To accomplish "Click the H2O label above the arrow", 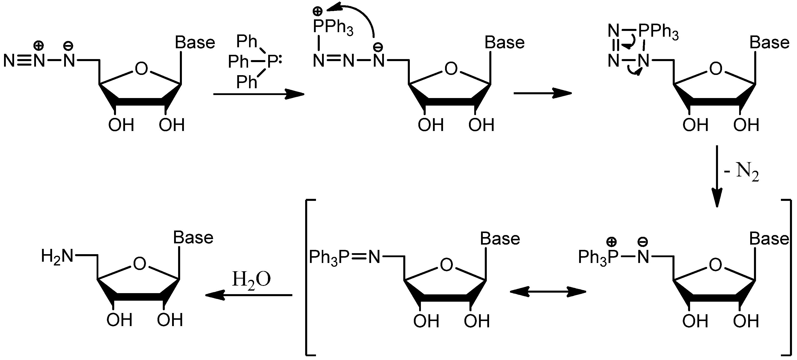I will tap(251, 280).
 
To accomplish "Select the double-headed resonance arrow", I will tap(548, 292).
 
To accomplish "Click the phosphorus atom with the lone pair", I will tap(272, 62).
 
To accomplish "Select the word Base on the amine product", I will tap(193, 238).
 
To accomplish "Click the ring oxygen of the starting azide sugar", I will tap(141, 69).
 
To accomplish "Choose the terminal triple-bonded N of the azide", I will tap(9, 61).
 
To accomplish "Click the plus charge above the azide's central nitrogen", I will tap(39, 46).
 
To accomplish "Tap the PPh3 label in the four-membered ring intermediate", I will tap(658, 32).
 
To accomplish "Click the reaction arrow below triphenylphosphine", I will tap(259, 94).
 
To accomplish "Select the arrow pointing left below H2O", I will tap(249, 295).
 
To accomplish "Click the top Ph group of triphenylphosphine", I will tap(247, 41).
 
